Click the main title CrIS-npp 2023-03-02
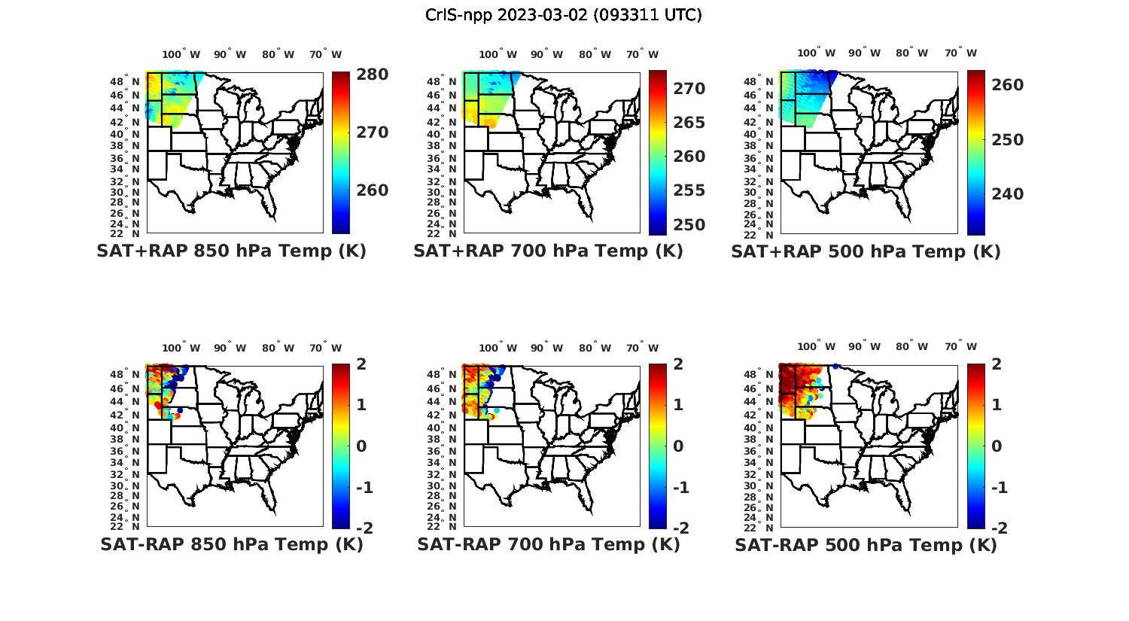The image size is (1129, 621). click(563, 15)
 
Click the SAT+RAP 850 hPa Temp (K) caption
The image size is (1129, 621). click(231, 251)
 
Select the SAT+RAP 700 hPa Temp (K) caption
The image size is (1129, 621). click(548, 251)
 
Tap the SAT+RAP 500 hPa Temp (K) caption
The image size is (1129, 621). click(866, 251)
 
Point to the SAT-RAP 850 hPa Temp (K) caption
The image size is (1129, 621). click(231, 544)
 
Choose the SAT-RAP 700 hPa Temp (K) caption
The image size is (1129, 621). click(548, 544)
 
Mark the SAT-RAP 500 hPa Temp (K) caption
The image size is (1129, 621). click(866, 544)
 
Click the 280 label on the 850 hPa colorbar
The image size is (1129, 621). click(372, 75)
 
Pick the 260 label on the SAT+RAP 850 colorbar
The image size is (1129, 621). click(372, 190)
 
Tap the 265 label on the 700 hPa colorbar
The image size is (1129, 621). click(689, 123)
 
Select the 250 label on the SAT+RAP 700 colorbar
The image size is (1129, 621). click(689, 225)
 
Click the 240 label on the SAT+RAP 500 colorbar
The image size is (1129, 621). click(1007, 194)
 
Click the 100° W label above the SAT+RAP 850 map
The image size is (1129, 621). click(181, 54)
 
